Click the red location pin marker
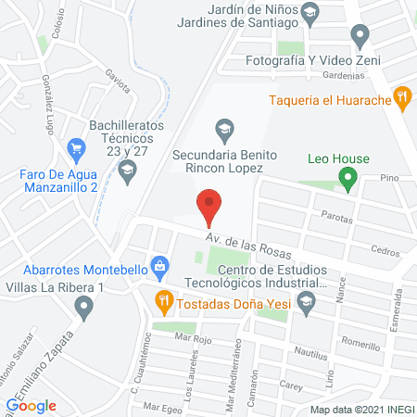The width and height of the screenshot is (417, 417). point(209,206)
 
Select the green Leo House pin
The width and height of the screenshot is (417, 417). point(347,178)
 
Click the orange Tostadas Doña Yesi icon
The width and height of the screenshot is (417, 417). point(163,298)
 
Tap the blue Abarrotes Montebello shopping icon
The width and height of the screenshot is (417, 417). point(160,267)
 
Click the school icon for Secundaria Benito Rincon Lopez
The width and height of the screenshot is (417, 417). point(223,127)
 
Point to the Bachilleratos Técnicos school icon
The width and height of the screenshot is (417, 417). point(127,169)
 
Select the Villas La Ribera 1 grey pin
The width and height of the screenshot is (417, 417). point(85,308)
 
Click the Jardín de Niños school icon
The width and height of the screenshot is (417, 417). point(310,12)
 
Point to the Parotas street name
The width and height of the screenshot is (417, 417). point(336,219)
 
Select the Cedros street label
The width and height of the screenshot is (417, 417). point(384,250)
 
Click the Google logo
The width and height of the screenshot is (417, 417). point(31,405)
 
